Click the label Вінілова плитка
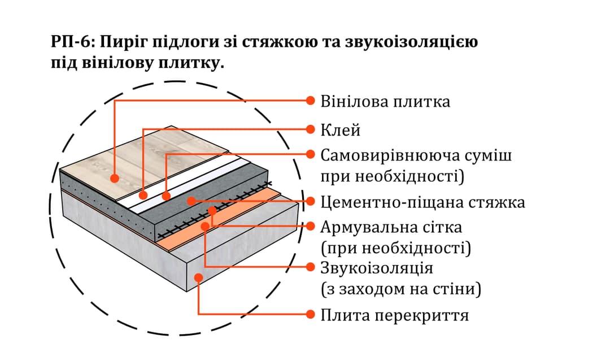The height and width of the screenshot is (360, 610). (385, 102)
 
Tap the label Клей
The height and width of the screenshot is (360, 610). (340, 130)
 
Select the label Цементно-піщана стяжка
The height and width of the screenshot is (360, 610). (422, 202)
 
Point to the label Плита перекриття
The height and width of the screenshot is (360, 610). (394, 315)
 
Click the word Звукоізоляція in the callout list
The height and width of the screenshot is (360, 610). (377, 267)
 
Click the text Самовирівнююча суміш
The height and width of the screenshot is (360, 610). (416, 155)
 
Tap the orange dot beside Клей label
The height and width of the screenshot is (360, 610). (310, 129)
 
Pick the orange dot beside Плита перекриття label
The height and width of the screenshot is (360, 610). (310, 314)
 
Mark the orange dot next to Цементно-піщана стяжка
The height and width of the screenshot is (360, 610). (310, 201)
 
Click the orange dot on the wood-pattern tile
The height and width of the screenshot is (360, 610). (115, 178)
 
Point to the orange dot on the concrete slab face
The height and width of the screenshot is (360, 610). (198, 276)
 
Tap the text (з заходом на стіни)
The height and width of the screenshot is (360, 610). (400, 290)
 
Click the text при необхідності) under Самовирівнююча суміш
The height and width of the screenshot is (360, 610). (392, 177)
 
